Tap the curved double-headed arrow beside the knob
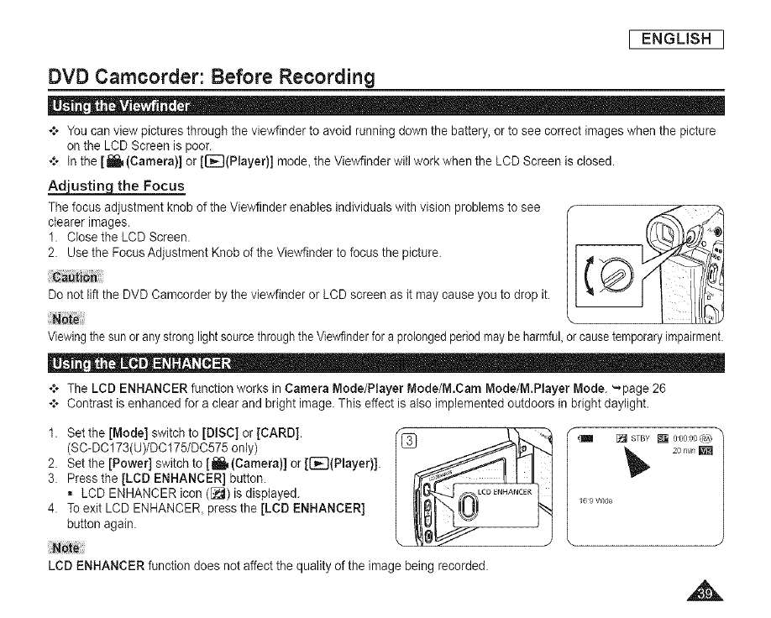[587, 274]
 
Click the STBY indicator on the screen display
[644, 437]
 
